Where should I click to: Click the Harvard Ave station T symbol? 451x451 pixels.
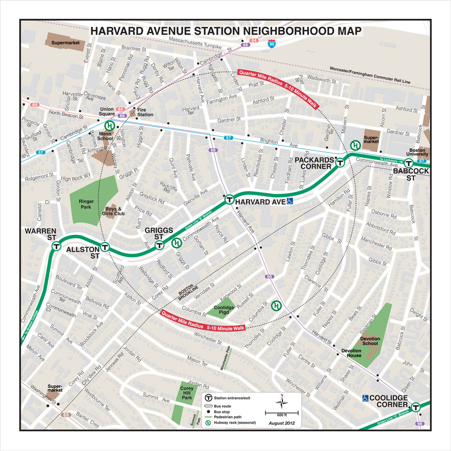pyautogui.click(x=229, y=199)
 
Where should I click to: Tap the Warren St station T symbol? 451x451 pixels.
pyautogui.click(x=56, y=246)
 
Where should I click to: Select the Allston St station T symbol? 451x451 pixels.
pyautogui.click(x=105, y=247)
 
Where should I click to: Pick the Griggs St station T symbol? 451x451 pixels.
pyautogui.click(x=159, y=245)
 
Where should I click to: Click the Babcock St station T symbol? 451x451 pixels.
pyautogui.click(x=409, y=163)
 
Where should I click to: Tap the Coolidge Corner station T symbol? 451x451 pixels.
pyautogui.click(x=416, y=407)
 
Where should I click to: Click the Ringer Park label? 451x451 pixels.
pyautogui.click(x=85, y=204)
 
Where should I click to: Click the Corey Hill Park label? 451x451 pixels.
pyautogui.click(x=187, y=393)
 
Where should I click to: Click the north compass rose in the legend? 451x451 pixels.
pyautogui.click(x=281, y=401)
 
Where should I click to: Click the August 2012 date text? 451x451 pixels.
pyautogui.click(x=281, y=423)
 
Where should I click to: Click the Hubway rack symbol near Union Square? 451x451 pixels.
pyautogui.click(x=109, y=126)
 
